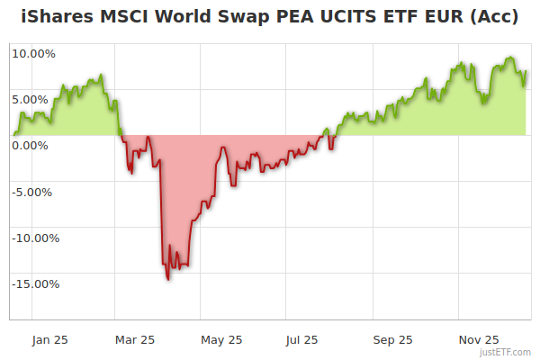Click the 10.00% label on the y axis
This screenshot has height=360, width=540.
click(34, 53)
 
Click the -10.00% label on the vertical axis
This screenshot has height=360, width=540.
click(34, 238)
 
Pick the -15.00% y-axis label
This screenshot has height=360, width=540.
click(34, 284)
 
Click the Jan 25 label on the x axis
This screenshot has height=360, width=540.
click(49, 340)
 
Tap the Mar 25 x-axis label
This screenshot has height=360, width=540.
click(135, 340)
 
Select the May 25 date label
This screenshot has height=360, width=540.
click(221, 340)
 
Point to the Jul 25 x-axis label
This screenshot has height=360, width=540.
click(302, 340)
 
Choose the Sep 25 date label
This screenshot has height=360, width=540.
click(392, 340)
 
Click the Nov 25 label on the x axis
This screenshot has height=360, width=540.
click(479, 340)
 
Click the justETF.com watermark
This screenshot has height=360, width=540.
click(507, 352)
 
